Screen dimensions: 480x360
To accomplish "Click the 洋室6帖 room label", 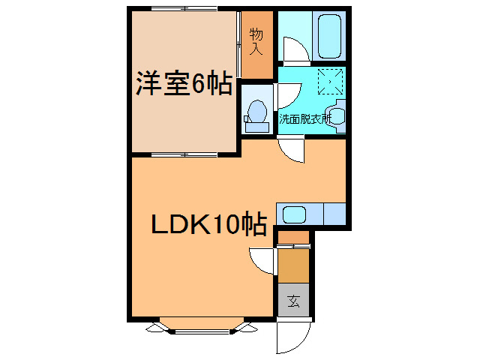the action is [184, 83].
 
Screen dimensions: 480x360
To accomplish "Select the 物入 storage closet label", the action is [256, 42].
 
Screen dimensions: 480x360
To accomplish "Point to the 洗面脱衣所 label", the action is [304, 118].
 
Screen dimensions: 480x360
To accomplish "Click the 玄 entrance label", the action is [293, 301].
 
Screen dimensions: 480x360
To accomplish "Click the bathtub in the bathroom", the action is [329, 36].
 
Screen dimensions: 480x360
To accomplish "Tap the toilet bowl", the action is [257, 111].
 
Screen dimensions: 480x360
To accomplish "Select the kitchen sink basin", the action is [294, 214].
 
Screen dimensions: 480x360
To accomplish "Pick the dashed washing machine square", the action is [330, 82].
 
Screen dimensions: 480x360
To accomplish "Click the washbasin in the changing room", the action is [335, 116].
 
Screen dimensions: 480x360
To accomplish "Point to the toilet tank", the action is [257, 127].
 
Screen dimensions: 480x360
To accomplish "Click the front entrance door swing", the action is [292, 336].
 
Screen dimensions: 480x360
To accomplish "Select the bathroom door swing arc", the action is [296, 49].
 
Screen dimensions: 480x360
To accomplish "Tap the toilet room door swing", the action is [289, 96].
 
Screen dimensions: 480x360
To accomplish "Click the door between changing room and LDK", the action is [291, 150].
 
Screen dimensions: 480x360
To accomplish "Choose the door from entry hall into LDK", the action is [262, 261].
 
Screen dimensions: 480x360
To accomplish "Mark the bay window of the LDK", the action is [202, 325].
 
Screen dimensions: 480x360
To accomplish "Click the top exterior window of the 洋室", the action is [184, 8].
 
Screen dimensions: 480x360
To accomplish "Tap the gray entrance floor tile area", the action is [293, 300].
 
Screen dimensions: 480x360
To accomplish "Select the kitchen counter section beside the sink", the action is [334, 214].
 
